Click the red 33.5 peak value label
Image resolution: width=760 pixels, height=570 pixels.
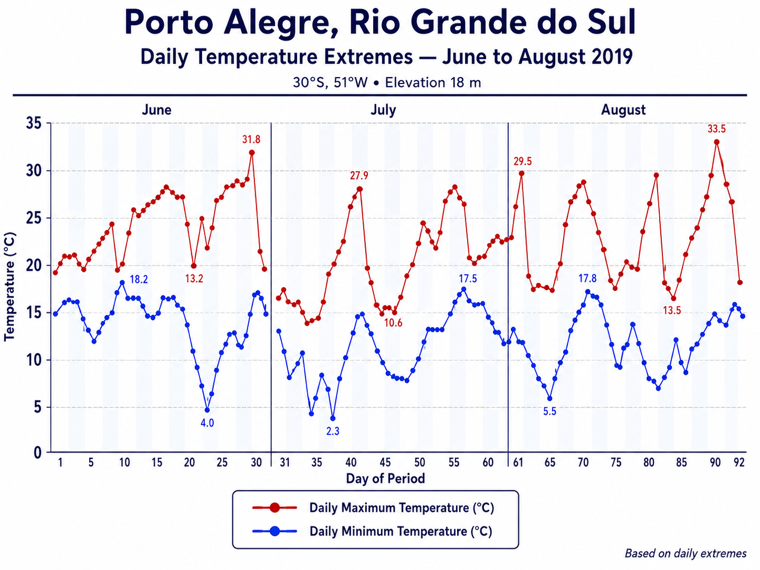point(716,129)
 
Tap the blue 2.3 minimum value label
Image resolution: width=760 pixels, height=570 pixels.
point(333,431)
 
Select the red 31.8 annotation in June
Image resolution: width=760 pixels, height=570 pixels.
point(251,140)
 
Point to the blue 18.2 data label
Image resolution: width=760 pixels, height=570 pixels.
point(139,279)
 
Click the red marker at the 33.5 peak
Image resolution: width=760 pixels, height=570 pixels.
point(717,142)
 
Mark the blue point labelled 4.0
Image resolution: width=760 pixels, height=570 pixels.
point(207,410)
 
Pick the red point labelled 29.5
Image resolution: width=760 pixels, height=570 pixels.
point(521,173)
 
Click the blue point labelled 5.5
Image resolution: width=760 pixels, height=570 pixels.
point(550,398)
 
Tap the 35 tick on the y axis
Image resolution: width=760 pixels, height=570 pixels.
point(33,123)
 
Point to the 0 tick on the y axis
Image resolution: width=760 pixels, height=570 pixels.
point(37,452)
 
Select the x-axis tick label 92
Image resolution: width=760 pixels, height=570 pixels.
point(739,462)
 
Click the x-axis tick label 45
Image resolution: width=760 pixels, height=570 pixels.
point(385,462)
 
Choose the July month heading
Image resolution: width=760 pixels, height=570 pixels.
point(383,110)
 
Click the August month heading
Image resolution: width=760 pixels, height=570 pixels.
point(623,110)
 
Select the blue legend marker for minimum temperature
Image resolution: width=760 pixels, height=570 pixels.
point(275,531)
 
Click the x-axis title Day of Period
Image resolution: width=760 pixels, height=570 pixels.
point(385,479)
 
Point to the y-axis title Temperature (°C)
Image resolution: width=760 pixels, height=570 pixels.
point(9,287)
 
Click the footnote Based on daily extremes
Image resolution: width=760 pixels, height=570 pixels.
point(685,553)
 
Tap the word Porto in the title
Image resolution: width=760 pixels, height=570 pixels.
point(170,23)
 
